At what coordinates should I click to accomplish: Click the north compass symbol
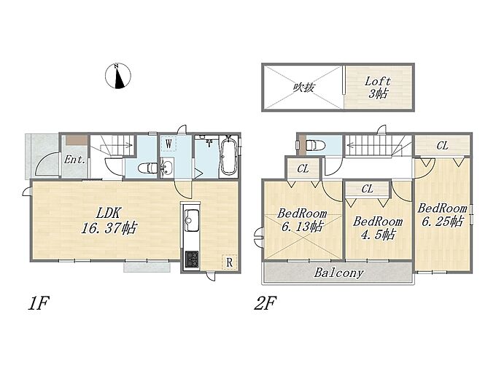point(117,76)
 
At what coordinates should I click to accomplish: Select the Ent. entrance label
point(74,160)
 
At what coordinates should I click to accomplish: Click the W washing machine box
point(168,144)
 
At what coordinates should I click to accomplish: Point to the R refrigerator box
point(229,262)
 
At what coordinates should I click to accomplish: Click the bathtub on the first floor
point(228,155)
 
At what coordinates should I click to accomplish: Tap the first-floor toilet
point(148,168)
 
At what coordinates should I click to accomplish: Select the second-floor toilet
point(315,145)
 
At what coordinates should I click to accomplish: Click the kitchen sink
point(191,219)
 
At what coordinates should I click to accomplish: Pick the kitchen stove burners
point(192,259)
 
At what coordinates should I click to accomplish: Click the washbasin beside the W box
point(167,167)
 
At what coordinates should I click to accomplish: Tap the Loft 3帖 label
point(378,87)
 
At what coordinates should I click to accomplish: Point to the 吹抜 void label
point(303,87)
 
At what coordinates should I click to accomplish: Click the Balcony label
point(339,273)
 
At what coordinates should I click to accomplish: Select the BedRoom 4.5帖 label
point(378,227)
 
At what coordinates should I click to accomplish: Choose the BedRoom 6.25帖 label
point(442,215)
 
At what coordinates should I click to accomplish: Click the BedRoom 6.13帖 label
point(302,220)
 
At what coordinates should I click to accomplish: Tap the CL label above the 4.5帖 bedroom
point(367,189)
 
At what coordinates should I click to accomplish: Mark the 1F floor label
point(38,303)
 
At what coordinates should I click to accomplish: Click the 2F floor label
point(265,303)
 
